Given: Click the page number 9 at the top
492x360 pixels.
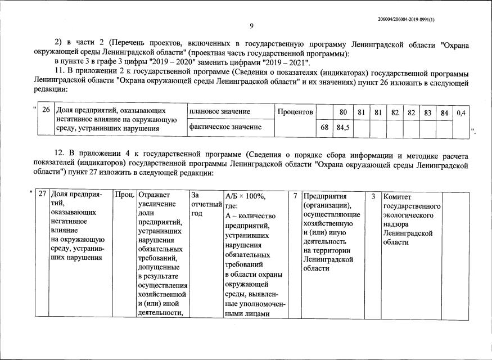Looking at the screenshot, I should coord(251,25).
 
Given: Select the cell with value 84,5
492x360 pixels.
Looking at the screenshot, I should coord(343,127).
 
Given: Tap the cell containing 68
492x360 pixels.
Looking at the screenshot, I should coord(324,127).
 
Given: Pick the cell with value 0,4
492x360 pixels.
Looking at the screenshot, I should coord(461,112).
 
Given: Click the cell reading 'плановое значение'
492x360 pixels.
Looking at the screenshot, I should coord(220,112).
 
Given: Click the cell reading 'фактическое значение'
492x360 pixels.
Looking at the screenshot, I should coord(225,127).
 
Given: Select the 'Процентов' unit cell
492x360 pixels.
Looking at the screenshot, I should coord(295,112).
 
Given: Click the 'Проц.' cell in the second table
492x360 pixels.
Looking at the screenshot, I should coord(124,195).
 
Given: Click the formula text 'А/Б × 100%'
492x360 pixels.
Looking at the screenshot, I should coord(245,196).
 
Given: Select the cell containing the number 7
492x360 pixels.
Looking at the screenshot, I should coord(295,196).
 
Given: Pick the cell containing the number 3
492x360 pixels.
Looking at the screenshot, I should coord(373,196).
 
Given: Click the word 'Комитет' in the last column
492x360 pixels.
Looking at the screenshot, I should coord(397,197).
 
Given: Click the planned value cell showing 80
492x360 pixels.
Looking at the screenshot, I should coord(343,112).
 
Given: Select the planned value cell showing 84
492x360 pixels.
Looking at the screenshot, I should coord(444,112).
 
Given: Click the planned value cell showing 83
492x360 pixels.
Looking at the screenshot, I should coord(428,112).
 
